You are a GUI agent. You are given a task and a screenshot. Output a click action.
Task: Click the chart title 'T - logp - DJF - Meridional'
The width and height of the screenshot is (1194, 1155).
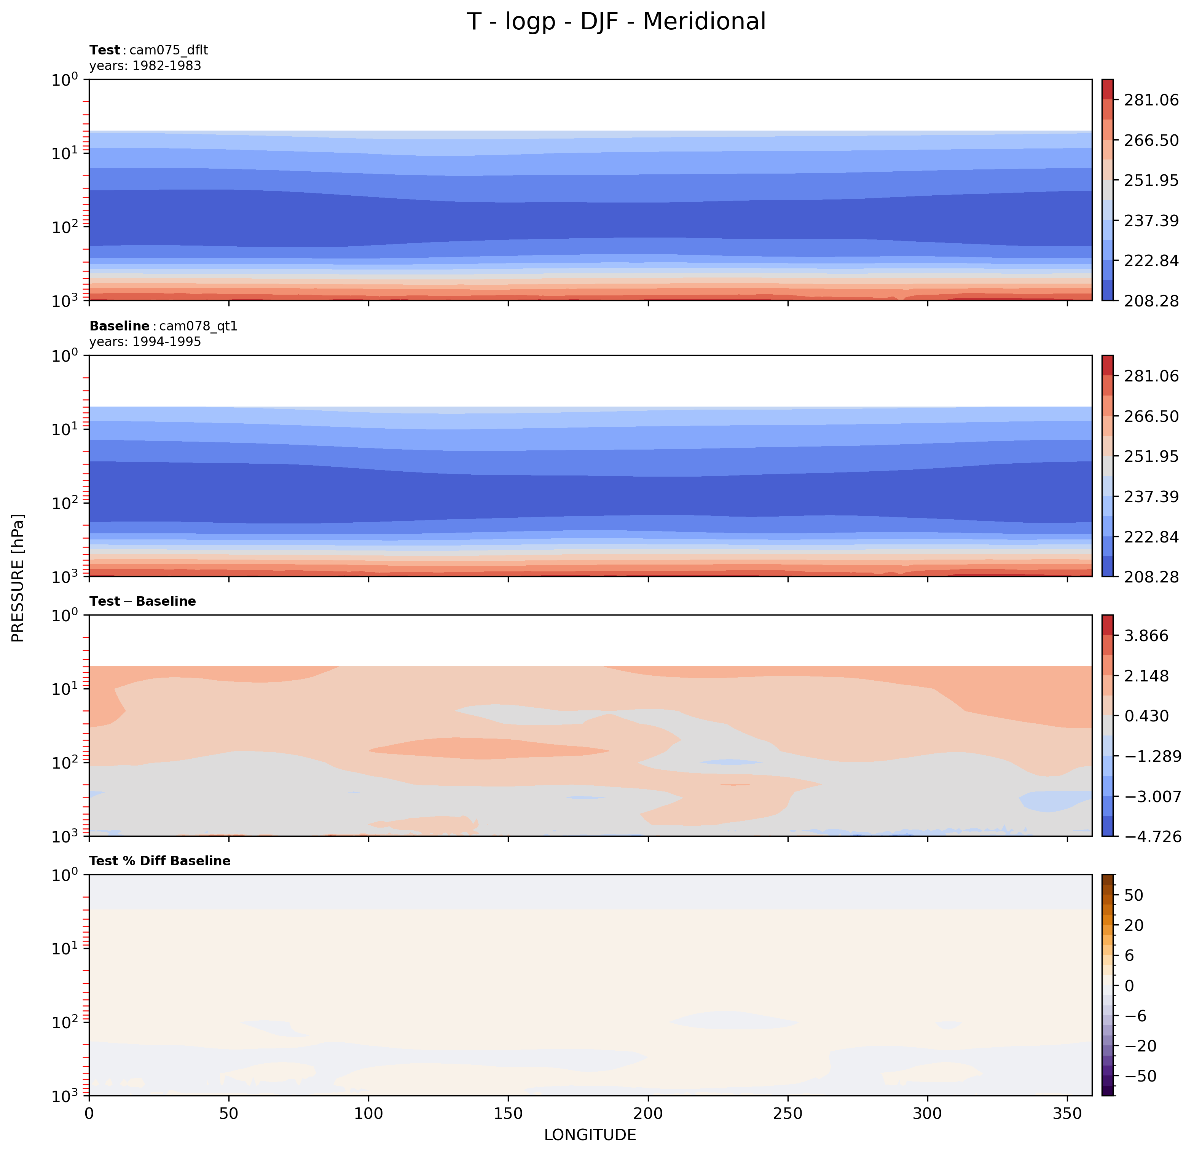point(616,22)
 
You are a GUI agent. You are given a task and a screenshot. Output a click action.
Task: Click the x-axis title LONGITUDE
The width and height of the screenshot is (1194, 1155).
point(590,1134)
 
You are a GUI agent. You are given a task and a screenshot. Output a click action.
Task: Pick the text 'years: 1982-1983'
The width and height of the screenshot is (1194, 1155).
point(145,66)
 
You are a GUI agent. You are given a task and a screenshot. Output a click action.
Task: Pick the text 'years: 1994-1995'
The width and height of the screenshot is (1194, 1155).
point(145,342)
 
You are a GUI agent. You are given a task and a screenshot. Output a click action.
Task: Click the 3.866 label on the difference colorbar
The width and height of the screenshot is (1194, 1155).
point(1146,636)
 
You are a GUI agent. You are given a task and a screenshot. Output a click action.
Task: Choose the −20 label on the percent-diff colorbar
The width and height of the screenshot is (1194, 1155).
point(1138,1046)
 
